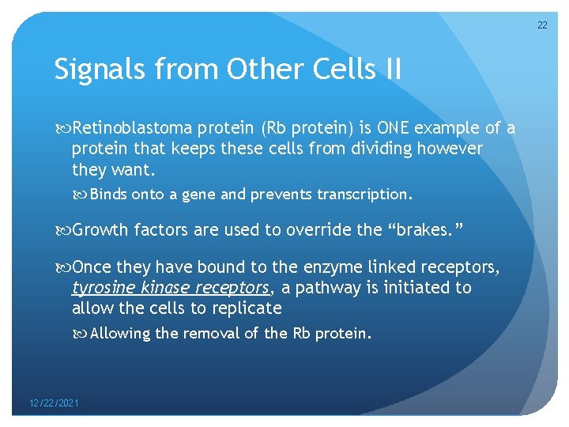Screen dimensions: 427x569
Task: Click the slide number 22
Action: (x=542, y=25)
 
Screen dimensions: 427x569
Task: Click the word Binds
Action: (x=109, y=195)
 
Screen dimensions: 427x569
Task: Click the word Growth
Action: (x=100, y=230)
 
